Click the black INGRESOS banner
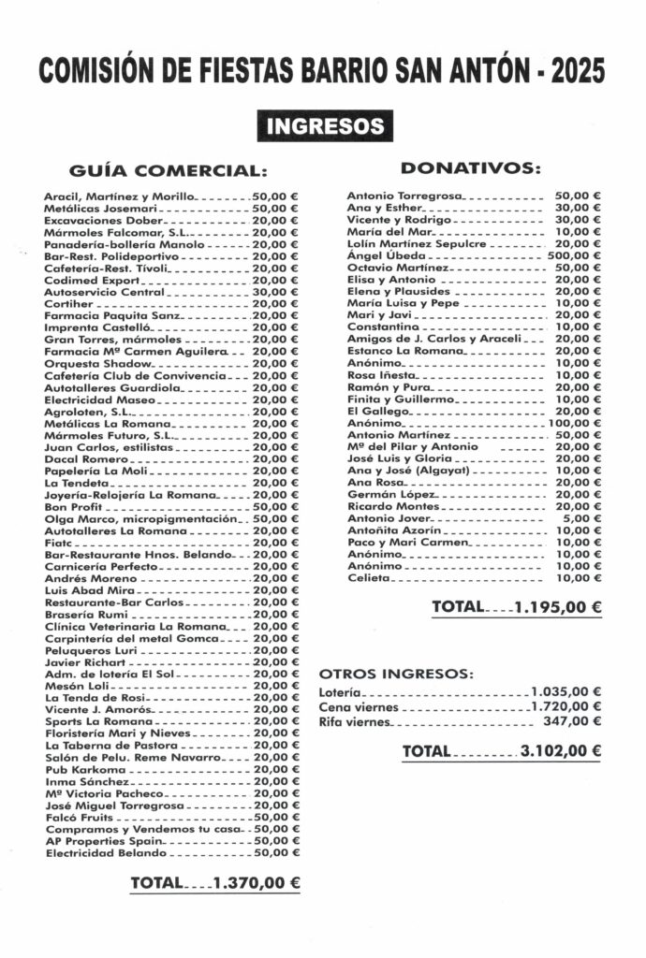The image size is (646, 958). [x=325, y=125]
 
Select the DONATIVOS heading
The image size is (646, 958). [x=471, y=167]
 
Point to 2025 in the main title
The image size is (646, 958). [x=578, y=71]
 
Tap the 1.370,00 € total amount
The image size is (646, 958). [x=256, y=881]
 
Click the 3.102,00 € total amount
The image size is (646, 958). [x=557, y=750]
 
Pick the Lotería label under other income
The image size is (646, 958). [x=338, y=692]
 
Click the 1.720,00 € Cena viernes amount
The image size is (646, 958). [x=565, y=706]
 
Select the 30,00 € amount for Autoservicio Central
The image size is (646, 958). [x=275, y=292]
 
